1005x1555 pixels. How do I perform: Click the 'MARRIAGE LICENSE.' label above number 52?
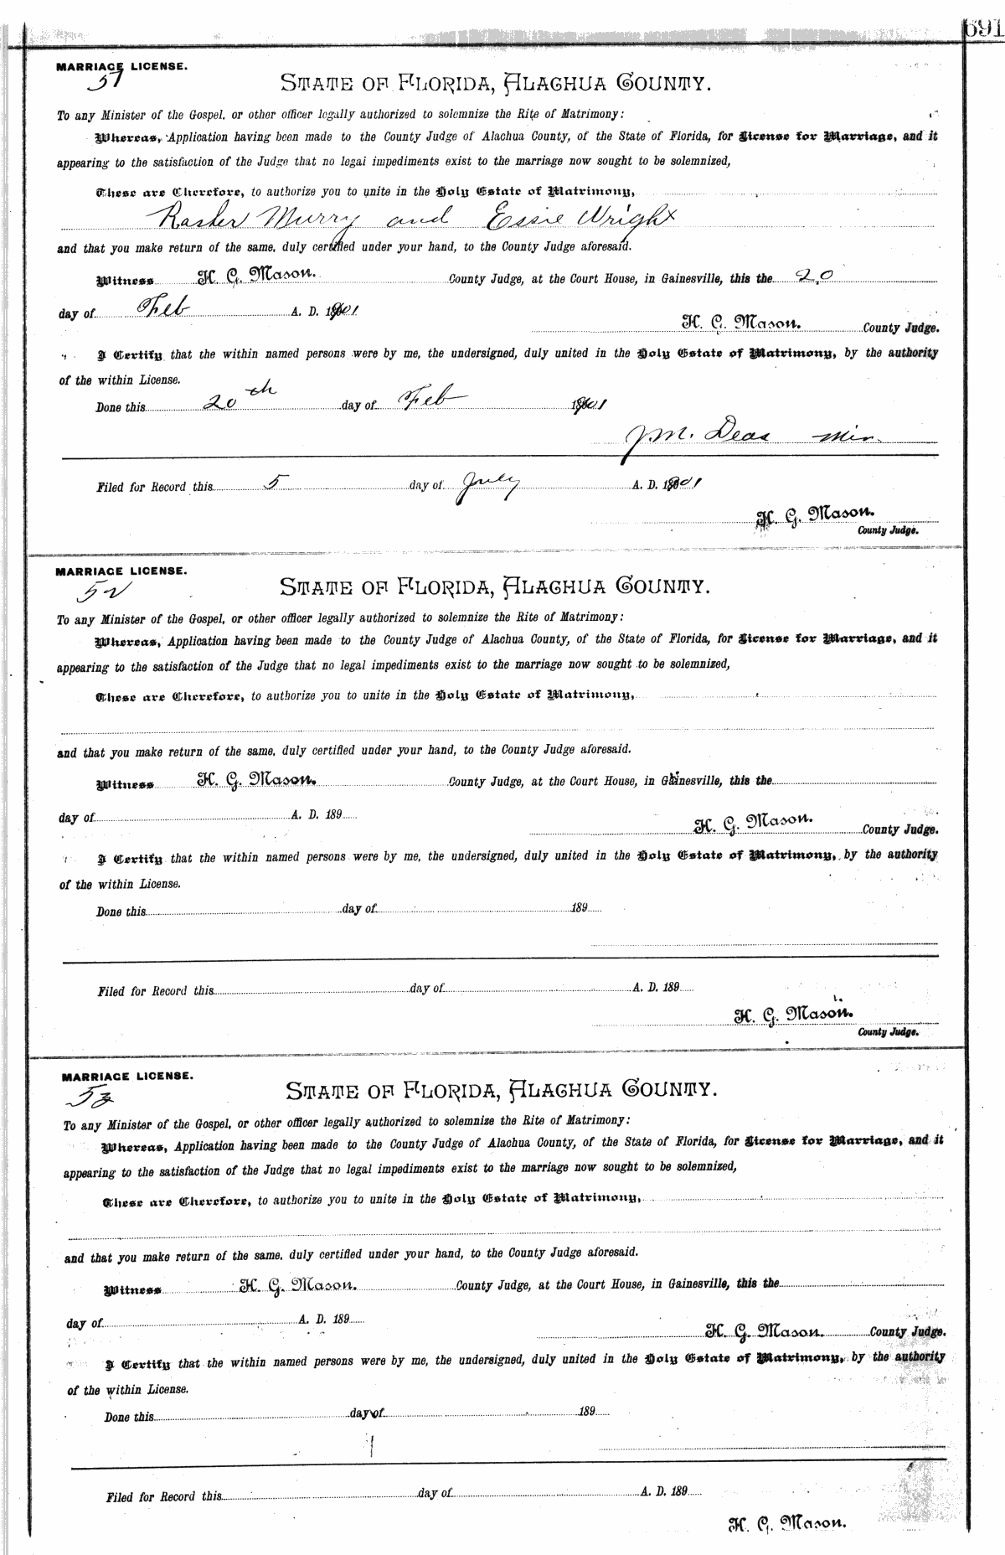point(121,571)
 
